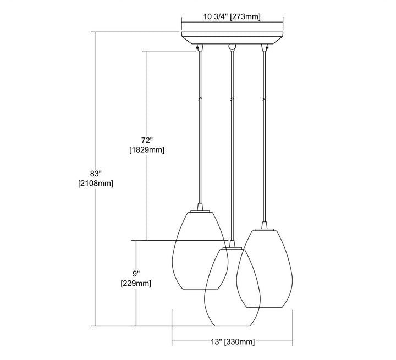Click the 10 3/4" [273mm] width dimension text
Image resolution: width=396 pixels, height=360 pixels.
[x=232, y=16]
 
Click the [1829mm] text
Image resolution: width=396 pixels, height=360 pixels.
[x=146, y=149]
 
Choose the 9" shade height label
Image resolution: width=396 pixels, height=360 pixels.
[x=136, y=273]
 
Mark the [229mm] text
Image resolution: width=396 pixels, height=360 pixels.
[x=136, y=284]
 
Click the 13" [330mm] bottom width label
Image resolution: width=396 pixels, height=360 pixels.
[x=232, y=342]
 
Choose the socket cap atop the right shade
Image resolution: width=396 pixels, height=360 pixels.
[x=265, y=225]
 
